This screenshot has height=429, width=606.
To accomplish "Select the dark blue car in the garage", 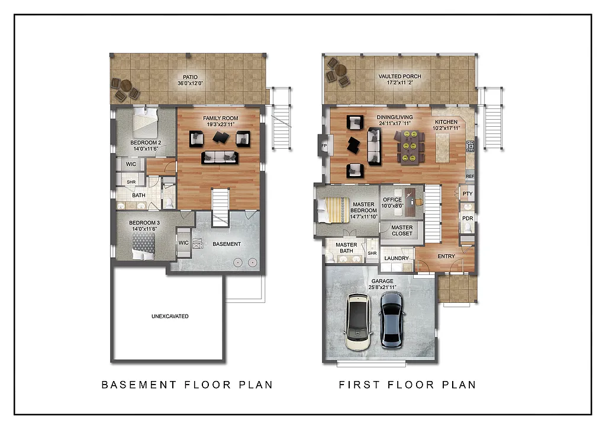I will point(391,318).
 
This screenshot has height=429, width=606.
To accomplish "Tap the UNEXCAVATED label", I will point(170,316).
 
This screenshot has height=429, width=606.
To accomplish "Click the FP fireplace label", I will point(324,145).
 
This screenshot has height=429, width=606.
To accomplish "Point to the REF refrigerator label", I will point(470,177).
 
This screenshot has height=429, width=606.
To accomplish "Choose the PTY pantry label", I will point(468,194).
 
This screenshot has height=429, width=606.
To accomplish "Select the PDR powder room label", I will point(468,218).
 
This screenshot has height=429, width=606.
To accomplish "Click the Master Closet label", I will point(402,230).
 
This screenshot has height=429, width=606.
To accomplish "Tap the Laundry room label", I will point(397,258).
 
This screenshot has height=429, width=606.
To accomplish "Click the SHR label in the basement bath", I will point(131,182).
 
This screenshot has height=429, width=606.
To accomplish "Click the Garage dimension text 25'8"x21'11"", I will point(383,287).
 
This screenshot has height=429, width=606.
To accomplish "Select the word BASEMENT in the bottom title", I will point(139,385).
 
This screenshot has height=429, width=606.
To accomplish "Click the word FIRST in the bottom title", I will point(359,385).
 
